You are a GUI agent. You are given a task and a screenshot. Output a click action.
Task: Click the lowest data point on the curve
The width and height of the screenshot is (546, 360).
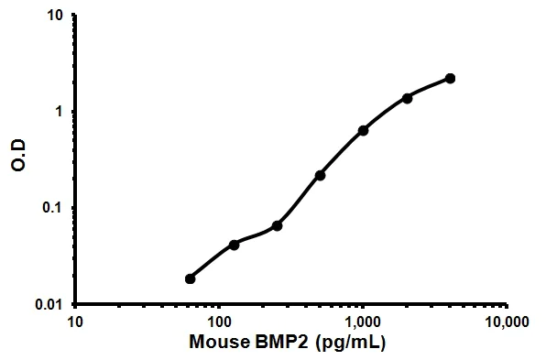(191, 278)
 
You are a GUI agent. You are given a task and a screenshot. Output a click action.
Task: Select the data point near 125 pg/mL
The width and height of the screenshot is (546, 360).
(234, 245)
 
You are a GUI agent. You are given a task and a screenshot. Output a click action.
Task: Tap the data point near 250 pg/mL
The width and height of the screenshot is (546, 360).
(277, 225)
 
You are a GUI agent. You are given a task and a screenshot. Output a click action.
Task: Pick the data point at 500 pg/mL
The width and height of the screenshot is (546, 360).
(320, 175)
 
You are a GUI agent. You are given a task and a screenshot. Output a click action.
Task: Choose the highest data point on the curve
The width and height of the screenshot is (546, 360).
(450, 79)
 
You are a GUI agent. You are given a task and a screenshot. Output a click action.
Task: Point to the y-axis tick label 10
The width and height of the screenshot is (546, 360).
(55, 16)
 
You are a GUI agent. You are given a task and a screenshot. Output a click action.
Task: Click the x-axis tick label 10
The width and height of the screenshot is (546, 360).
(75, 322)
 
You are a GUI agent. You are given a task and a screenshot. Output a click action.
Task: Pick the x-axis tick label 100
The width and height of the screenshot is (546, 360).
(219, 322)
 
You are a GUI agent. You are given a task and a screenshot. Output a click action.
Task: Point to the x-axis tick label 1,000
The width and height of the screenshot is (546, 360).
(363, 322)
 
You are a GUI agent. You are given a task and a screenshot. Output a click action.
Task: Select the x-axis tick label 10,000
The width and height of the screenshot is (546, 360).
(507, 322)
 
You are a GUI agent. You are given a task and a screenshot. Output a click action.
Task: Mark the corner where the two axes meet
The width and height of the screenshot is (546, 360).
(76, 303)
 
